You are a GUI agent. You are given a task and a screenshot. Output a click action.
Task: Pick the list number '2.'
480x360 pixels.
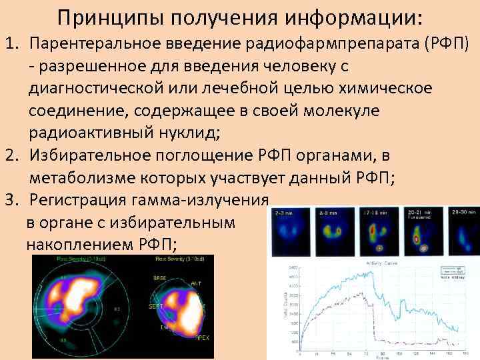tap(15, 155)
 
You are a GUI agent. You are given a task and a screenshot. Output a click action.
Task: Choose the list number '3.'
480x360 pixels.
tap(15, 199)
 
